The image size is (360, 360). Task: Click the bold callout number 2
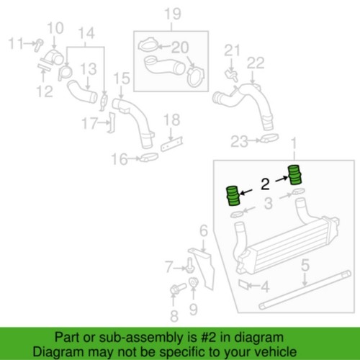pos(265,184)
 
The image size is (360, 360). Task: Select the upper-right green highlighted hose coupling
pos(295,174)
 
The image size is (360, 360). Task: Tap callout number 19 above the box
pos(173,14)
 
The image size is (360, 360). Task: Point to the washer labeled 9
pos(193,282)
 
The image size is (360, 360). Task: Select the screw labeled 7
pos(190,266)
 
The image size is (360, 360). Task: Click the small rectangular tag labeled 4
pos(244,284)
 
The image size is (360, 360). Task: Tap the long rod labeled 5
pos(305,289)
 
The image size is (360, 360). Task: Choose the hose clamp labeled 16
pos(149,157)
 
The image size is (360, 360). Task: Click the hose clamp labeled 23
pos(269,138)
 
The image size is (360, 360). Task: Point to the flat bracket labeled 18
pos(172,144)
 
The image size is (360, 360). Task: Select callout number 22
pos(256,63)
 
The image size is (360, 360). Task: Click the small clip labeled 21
pos(231,74)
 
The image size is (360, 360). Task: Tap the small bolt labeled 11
pos(38,45)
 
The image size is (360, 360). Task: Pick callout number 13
pos(89,69)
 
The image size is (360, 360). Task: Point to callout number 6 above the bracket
pos(204,231)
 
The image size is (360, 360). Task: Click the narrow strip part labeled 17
pos(112,122)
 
